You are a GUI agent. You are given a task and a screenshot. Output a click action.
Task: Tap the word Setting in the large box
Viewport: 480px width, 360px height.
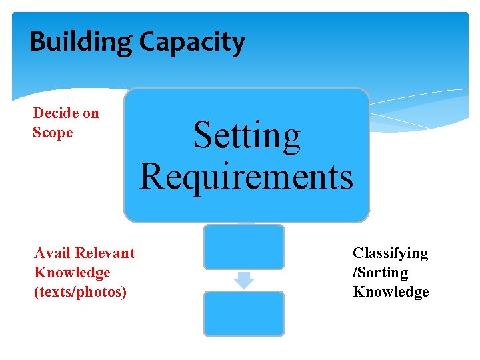pyautogui.click(x=247, y=136)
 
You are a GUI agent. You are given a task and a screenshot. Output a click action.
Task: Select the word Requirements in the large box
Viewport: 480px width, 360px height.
pyautogui.click(x=246, y=177)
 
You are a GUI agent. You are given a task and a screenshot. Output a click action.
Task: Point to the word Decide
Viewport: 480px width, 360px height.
pyautogui.click(x=56, y=113)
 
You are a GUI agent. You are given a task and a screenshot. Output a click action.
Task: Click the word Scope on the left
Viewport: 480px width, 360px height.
pyautogui.click(x=53, y=133)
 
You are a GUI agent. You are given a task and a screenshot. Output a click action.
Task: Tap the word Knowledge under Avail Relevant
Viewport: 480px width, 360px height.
pyautogui.click(x=72, y=273)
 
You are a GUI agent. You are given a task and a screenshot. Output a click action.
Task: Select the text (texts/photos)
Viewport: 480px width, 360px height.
pyautogui.click(x=80, y=292)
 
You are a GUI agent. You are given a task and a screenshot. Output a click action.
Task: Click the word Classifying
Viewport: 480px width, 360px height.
pyautogui.click(x=390, y=253)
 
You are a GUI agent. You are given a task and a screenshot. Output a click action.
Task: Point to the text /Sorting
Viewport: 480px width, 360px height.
pyautogui.click(x=380, y=273)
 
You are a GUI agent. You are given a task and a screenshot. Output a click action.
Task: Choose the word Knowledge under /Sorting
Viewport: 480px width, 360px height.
pyautogui.click(x=391, y=292)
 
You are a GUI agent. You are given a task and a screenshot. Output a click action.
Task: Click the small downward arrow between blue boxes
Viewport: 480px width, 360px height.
pyautogui.click(x=244, y=280)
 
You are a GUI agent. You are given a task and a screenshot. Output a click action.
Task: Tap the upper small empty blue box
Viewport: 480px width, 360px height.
pyautogui.click(x=243, y=247)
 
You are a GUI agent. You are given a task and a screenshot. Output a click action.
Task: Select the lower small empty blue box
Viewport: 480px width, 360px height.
pyautogui.click(x=243, y=313)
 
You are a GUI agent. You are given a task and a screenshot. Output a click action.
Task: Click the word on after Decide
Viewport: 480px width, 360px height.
pyautogui.click(x=91, y=113)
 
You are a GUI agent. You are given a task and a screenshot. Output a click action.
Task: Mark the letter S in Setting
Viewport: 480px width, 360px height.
pyautogui.click(x=202, y=136)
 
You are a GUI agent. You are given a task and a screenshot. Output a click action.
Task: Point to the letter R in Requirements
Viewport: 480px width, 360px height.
pyautogui.click(x=151, y=177)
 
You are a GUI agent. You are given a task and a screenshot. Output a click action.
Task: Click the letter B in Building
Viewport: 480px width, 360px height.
pyautogui.click(x=37, y=42)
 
